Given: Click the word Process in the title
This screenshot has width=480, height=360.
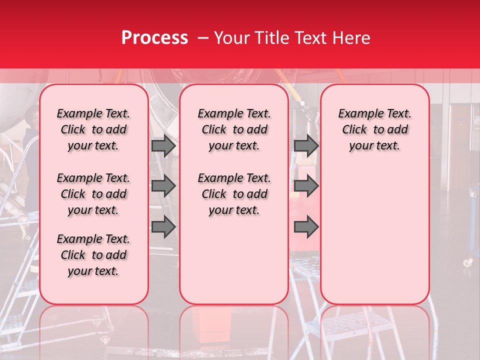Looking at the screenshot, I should tap(154, 38).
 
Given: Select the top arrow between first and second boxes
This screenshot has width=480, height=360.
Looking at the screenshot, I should tap(163, 145).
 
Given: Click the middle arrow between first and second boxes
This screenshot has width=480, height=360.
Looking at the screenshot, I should tap(163, 186).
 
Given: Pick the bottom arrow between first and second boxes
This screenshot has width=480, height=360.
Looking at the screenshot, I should tap(163, 227).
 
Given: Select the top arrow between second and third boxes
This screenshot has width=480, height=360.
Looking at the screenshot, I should tap(306, 145).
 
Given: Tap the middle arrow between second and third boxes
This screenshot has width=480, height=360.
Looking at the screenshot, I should tap(306, 186).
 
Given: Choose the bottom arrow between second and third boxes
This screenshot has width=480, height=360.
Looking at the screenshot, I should tap(306, 227).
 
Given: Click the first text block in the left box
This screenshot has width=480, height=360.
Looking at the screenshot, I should tap(93, 129).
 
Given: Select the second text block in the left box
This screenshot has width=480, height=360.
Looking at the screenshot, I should tap(93, 194).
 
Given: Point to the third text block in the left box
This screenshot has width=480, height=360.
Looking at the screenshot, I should tap(93, 255).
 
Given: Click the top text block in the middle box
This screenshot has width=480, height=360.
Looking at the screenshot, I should tap(234, 129).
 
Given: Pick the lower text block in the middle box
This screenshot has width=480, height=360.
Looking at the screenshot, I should tap(234, 194).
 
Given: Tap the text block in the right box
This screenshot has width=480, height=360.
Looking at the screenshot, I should tap(374, 129).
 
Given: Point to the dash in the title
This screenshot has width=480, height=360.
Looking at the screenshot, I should tap(203, 38).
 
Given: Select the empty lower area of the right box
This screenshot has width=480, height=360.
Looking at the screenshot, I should tap(374, 230).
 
